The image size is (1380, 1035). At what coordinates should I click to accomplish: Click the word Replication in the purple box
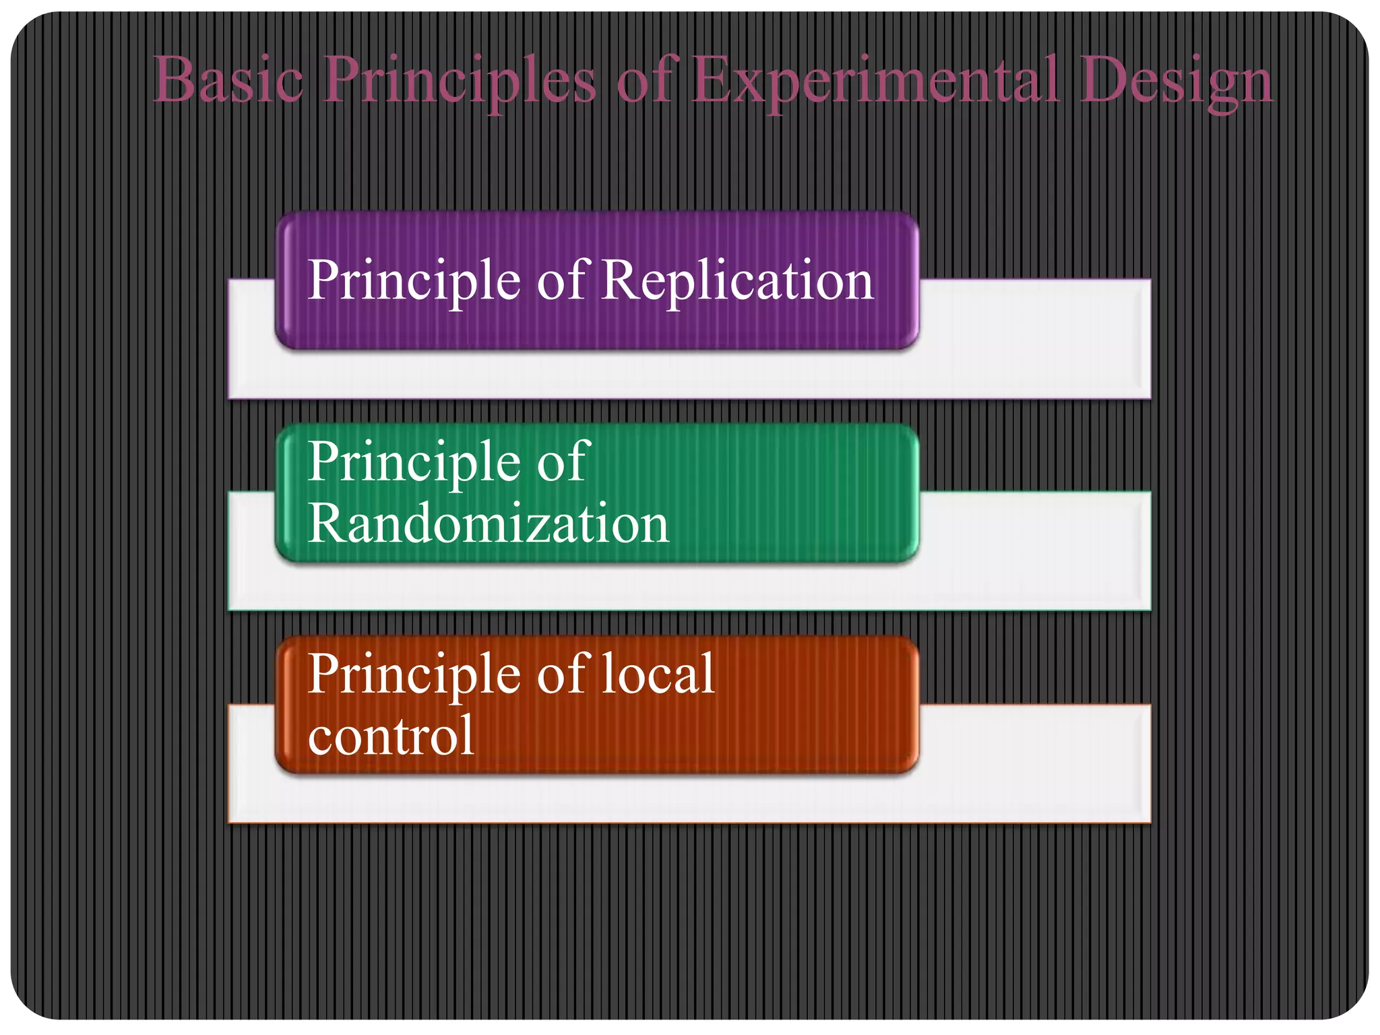click(737, 280)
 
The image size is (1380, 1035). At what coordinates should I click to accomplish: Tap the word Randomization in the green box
click(488, 524)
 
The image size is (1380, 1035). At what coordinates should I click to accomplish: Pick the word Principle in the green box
click(414, 464)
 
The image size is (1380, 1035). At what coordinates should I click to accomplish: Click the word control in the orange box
click(391, 735)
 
